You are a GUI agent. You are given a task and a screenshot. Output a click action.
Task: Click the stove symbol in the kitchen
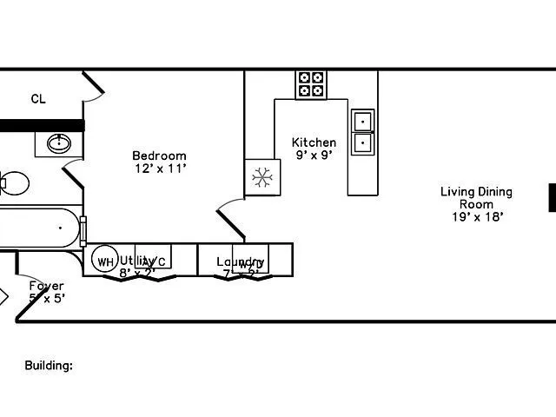point(311,84)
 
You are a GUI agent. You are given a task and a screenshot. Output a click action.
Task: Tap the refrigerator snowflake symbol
point(261,177)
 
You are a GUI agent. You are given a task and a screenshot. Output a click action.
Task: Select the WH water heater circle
point(105,261)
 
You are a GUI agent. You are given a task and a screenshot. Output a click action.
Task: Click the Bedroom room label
point(159,156)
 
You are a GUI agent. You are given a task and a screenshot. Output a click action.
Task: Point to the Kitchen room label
point(314,142)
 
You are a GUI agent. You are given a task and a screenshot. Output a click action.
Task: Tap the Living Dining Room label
point(476,198)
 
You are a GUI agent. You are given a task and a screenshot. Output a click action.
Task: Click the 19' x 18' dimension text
point(477,217)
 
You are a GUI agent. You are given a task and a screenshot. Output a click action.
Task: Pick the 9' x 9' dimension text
point(314,156)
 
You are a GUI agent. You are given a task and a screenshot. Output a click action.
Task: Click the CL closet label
point(38,99)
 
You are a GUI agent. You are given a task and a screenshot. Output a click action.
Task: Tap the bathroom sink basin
point(60,143)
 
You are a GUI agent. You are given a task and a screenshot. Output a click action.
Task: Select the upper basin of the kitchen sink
point(362,120)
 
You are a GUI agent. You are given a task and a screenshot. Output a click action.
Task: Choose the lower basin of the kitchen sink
point(362,142)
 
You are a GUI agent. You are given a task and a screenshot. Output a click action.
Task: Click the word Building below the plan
point(48,366)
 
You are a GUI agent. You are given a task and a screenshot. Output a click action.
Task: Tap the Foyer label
point(46,285)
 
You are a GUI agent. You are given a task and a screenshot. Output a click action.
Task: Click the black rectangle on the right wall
point(552,197)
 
